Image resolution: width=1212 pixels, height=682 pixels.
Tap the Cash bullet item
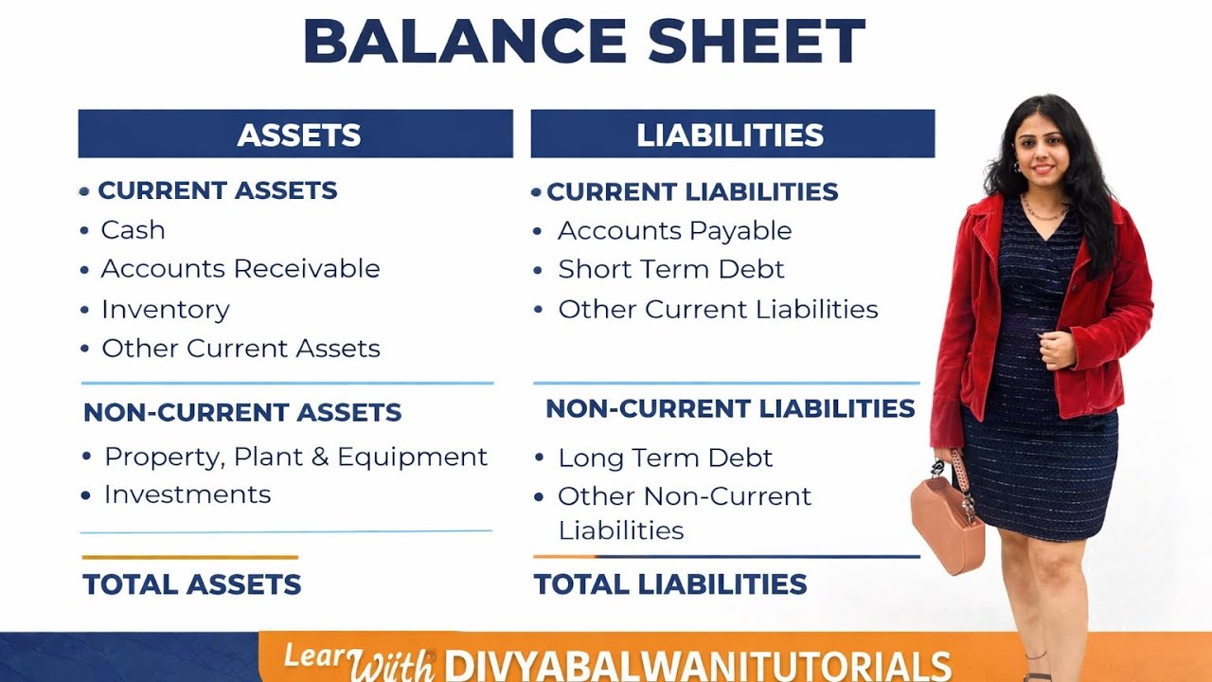133,230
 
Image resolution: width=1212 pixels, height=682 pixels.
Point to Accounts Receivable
241,269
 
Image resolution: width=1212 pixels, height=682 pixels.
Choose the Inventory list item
166,310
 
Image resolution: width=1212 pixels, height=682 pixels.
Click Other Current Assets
241,349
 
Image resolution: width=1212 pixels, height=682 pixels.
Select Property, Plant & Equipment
295,457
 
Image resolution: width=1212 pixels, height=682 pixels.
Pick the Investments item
187,494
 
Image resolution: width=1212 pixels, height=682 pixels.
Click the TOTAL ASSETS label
192,584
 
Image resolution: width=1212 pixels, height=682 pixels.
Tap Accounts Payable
674,231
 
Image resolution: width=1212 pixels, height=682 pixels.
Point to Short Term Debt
671,270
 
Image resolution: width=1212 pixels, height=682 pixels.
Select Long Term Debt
666,458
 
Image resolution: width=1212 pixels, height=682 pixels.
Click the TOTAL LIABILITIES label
670,584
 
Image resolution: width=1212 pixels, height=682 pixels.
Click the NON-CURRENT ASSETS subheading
242,413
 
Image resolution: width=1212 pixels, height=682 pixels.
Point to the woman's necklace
1043,210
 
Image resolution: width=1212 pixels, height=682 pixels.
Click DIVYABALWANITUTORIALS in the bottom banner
698,664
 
